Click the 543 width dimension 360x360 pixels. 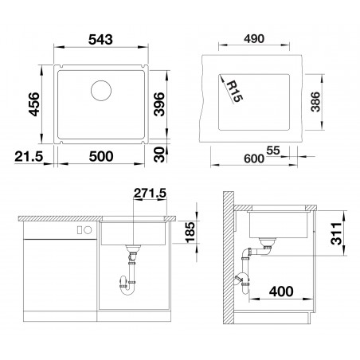[100, 40]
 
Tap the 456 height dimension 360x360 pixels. [34, 104]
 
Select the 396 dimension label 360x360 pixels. [159, 104]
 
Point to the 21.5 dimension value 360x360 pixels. [29, 156]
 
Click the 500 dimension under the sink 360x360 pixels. [101, 156]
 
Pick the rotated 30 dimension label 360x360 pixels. [159, 155]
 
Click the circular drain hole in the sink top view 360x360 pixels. [101, 91]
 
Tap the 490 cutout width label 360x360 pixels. [254, 39]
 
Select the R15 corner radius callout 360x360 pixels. [234, 91]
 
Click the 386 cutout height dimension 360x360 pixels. [315, 102]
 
